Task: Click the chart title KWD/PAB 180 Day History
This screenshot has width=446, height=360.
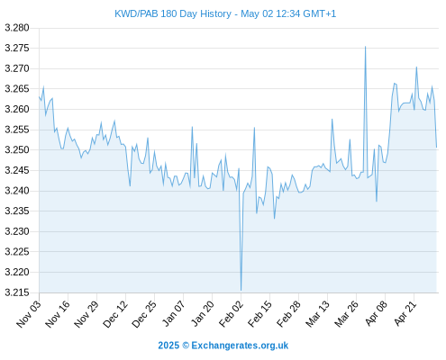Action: click(x=173, y=14)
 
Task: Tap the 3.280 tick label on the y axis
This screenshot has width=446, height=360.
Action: click(x=17, y=28)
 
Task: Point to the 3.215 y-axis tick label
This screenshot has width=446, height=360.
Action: click(x=17, y=292)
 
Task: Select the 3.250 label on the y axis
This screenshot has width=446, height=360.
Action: click(x=17, y=150)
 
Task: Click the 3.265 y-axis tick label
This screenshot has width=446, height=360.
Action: click(x=17, y=89)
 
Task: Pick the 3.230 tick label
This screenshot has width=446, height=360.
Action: click(x=17, y=231)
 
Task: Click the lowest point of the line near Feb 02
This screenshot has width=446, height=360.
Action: click(x=241, y=291)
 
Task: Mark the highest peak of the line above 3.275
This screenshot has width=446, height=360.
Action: click(x=365, y=47)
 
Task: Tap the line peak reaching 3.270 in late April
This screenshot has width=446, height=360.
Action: click(x=416, y=67)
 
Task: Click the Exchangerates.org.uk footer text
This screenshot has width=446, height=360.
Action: click(x=240, y=346)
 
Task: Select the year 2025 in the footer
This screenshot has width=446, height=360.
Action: click(x=168, y=346)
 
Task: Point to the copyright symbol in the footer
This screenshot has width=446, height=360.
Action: click(x=186, y=346)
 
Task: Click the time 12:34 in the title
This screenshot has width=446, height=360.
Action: click(x=288, y=14)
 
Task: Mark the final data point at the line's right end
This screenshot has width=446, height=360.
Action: click(x=436, y=148)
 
